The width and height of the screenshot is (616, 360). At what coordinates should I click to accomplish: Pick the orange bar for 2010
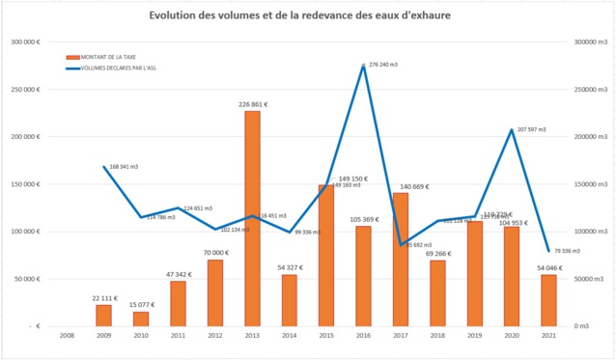coord(141,318)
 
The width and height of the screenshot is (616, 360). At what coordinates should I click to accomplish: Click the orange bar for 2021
coord(548,300)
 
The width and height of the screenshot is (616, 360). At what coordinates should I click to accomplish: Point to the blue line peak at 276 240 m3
coord(363,66)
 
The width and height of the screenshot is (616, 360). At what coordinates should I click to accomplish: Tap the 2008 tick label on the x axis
coord(67,337)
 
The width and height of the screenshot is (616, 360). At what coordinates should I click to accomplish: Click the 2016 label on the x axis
coord(363,337)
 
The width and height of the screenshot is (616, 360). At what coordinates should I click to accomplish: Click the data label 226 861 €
coord(252,103)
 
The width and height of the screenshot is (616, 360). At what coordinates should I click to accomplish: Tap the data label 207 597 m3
coord(531,128)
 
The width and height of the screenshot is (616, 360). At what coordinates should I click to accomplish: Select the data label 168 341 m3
coord(126,167)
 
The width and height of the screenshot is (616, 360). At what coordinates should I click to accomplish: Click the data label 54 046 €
coord(548,266)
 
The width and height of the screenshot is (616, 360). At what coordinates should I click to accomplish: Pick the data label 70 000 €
coord(215,252)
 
